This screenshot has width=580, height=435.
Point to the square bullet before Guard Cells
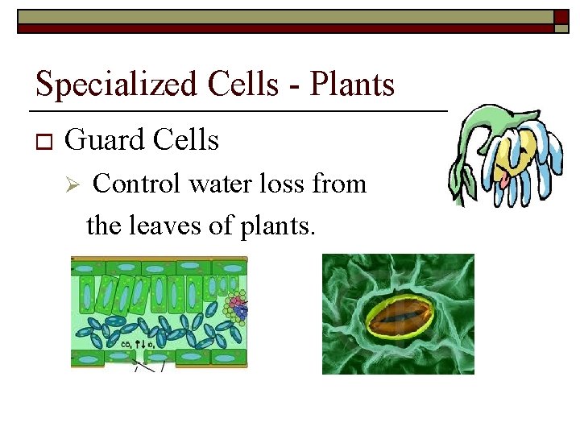[x=43, y=143]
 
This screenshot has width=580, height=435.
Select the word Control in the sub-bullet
[x=138, y=184]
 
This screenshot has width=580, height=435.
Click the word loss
[x=285, y=184]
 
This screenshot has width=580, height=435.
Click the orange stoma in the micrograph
[x=399, y=317]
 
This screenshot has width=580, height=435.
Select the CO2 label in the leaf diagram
[x=127, y=345]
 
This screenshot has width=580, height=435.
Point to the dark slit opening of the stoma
[x=399, y=317]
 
